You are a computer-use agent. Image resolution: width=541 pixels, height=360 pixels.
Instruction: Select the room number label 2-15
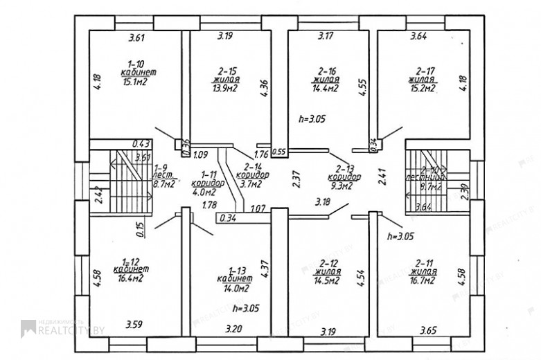click(227, 71)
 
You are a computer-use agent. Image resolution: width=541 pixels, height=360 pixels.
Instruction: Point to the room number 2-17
click(425, 71)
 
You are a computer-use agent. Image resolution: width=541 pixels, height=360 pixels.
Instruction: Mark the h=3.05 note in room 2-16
click(311, 119)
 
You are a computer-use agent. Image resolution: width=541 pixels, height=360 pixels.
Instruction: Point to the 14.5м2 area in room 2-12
click(326, 281)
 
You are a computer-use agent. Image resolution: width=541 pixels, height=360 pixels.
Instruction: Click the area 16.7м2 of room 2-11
click(423, 281)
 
